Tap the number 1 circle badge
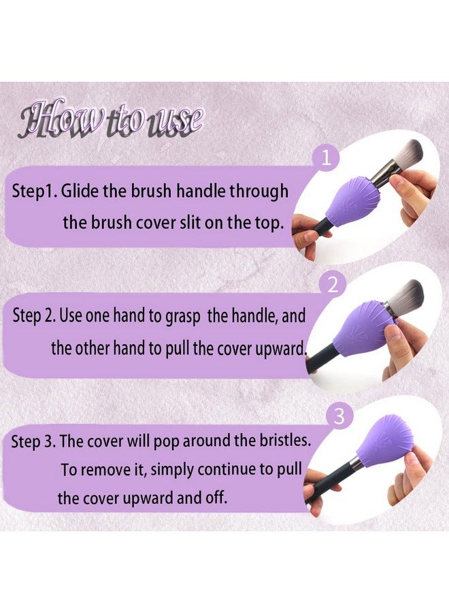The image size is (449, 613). [327, 159]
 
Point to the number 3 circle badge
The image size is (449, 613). [339, 416]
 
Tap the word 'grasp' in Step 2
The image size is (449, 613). [183, 317]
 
